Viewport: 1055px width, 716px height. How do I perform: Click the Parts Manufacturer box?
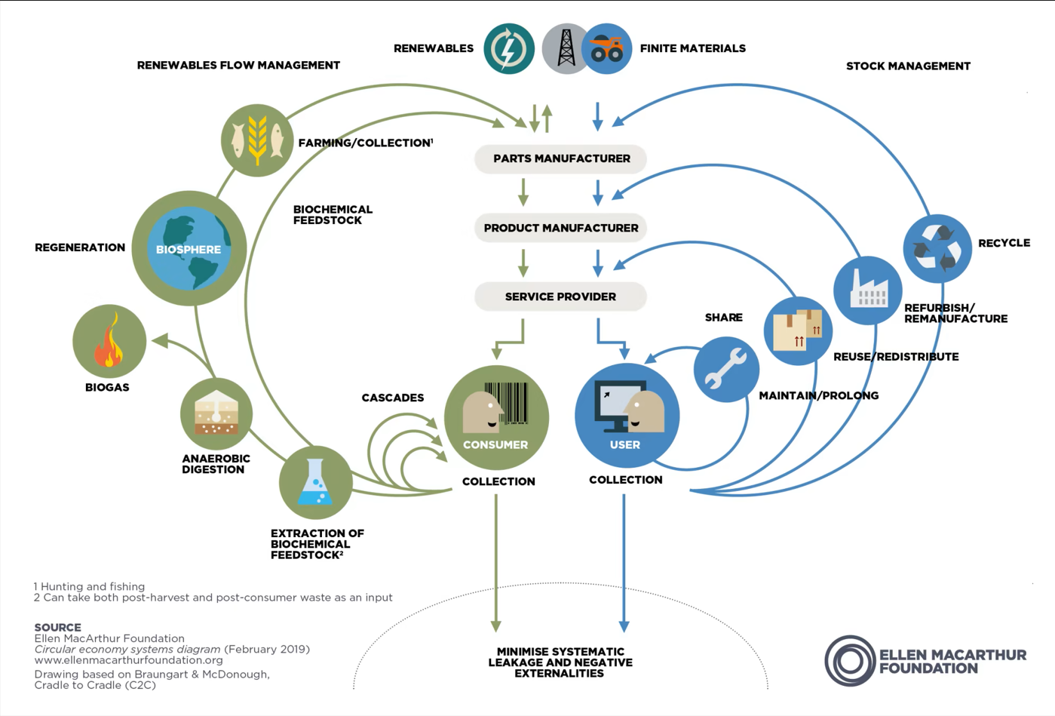(x=560, y=158)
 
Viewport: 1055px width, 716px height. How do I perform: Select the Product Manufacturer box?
(x=560, y=228)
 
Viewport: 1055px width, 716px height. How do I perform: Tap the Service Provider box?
(x=560, y=297)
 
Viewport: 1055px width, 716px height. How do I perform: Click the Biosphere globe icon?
(x=189, y=248)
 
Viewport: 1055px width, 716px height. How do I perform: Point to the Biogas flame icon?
(x=109, y=341)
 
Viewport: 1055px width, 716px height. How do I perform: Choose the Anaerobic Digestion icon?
(x=216, y=414)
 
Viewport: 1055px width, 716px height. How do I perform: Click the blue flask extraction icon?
(x=315, y=483)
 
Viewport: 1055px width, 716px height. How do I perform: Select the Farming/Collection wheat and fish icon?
(x=257, y=140)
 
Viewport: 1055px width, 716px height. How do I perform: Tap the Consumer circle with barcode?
(x=496, y=417)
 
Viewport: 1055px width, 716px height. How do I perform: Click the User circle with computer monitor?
(x=627, y=416)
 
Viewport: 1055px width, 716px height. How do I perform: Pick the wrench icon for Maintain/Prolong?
(x=725, y=369)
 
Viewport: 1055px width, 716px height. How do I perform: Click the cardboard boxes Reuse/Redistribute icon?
(x=798, y=330)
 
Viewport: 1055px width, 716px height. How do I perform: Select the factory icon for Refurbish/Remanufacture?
(x=867, y=290)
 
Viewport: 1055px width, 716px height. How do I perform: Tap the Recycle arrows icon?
(x=937, y=248)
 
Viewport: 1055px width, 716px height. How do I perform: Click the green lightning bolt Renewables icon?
(x=509, y=48)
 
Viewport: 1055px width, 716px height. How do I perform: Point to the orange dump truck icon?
(x=608, y=49)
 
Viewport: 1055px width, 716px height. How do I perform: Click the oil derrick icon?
(x=565, y=48)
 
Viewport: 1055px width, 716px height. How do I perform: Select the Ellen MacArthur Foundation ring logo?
(x=850, y=661)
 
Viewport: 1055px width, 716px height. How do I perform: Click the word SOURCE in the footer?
(x=57, y=627)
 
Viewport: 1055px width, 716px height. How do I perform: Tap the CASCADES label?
(x=392, y=398)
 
